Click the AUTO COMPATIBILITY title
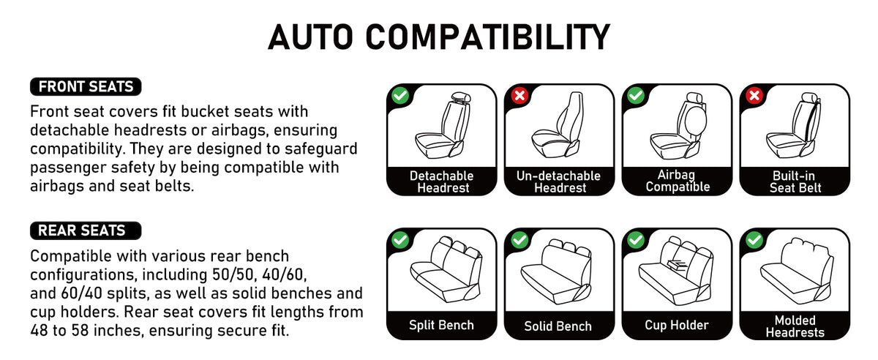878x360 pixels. pyautogui.click(x=438, y=37)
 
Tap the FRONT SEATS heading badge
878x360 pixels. pyautogui.click(x=86, y=86)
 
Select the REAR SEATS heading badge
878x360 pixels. pyautogui.click(x=86, y=230)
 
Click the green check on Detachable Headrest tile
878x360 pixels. pyautogui.click(x=400, y=95)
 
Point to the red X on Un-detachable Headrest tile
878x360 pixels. pyautogui.click(x=519, y=95)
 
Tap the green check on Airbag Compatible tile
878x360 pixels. pyautogui.click(x=636, y=95)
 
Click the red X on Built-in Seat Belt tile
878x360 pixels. pyautogui.click(x=754, y=95)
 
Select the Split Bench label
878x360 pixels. pyautogui.click(x=441, y=325)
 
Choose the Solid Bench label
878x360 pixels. pyautogui.click(x=558, y=326)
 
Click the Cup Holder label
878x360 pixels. pyautogui.click(x=677, y=325)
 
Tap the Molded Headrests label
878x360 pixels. pyautogui.click(x=795, y=326)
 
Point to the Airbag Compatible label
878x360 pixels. pyautogui.click(x=678, y=181)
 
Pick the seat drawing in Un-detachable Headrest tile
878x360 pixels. pyautogui.click(x=557, y=125)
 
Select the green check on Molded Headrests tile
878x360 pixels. pyautogui.click(x=754, y=239)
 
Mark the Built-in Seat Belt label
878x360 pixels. pyautogui.click(x=795, y=181)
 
